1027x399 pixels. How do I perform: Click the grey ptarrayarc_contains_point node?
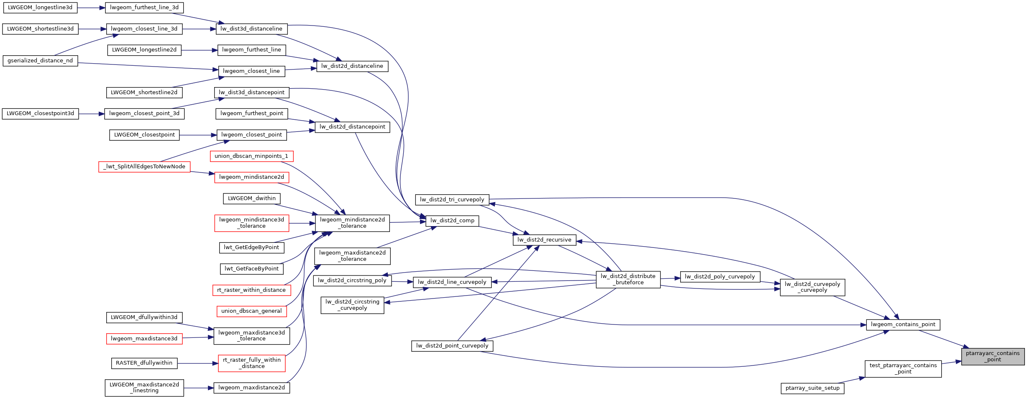click(x=992, y=356)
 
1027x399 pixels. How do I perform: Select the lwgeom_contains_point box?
click(x=903, y=324)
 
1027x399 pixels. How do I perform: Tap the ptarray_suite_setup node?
click(x=812, y=388)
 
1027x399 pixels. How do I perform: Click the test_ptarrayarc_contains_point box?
click(x=903, y=368)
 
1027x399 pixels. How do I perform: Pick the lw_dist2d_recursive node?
click(x=544, y=240)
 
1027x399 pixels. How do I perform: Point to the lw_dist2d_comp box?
click(x=452, y=221)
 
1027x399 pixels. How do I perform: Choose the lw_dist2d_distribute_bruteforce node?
click(x=627, y=279)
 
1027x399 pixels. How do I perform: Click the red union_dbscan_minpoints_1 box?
click(x=251, y=156)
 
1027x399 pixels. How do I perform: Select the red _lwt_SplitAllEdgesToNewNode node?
click(x=144, y=167)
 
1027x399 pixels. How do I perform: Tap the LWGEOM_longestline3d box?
click(x=40, y=8)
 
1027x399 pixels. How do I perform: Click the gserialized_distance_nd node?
click(x=40, y=61)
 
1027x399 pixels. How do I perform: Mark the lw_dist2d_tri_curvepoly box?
click(x=452, y=200)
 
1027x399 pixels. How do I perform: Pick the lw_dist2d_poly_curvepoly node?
click(x=720, y=277)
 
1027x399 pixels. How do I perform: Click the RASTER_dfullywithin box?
click(x=144, y=363)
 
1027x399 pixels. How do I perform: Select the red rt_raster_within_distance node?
click(x=251, y=290)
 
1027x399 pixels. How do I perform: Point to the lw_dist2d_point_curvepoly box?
click(x=452, y=346)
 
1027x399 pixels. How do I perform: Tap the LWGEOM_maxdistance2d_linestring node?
click(x=144, y=387)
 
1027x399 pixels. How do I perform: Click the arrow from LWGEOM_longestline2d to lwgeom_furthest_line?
click(x=199, y=50)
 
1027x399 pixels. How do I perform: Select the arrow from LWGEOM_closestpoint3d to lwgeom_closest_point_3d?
click(x=91, y=113)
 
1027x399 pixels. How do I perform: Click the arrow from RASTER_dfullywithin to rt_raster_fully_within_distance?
click(x=197, y=363)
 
